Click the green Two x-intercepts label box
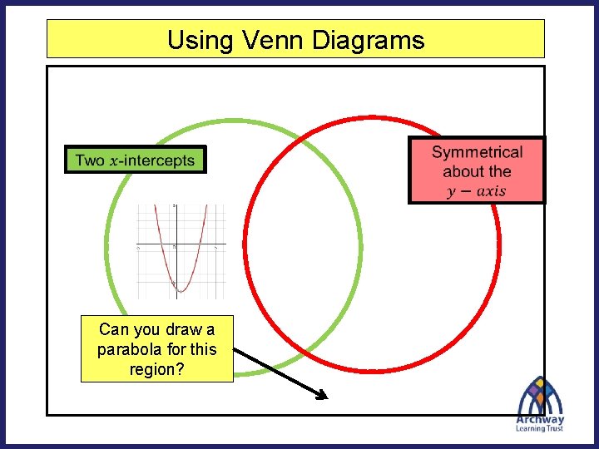click(x=135, y=160)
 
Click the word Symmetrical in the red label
click(x=477, y=152)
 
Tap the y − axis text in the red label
click(x=476, y=191)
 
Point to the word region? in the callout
click(x=156, y=369)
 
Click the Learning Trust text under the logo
click(x=539, y=428)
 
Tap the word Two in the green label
click(x=90, y=160)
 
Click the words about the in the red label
click(x=477, y=171)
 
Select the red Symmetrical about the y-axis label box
click(x=477, y=170)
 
